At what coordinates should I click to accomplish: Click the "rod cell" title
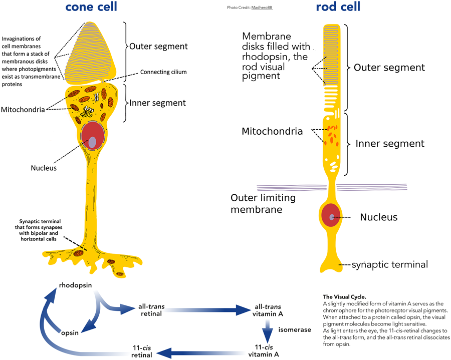pyautogui.click(x=338, y=8)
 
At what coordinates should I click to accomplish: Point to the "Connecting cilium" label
pyautogui.click(x=163, y=72)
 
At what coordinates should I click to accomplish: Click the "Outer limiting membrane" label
pyautogui.click(x=263, y=203)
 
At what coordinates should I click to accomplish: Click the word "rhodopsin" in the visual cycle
pyautogui.click(x=76, y=285)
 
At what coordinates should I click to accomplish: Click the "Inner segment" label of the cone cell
pyautogui.click(x=157, y=103)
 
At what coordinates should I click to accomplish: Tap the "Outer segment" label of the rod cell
pyautogui.click(x=389, y=68)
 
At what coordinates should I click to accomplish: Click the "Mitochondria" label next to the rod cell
pyautogui.click(x=272, y=132)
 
